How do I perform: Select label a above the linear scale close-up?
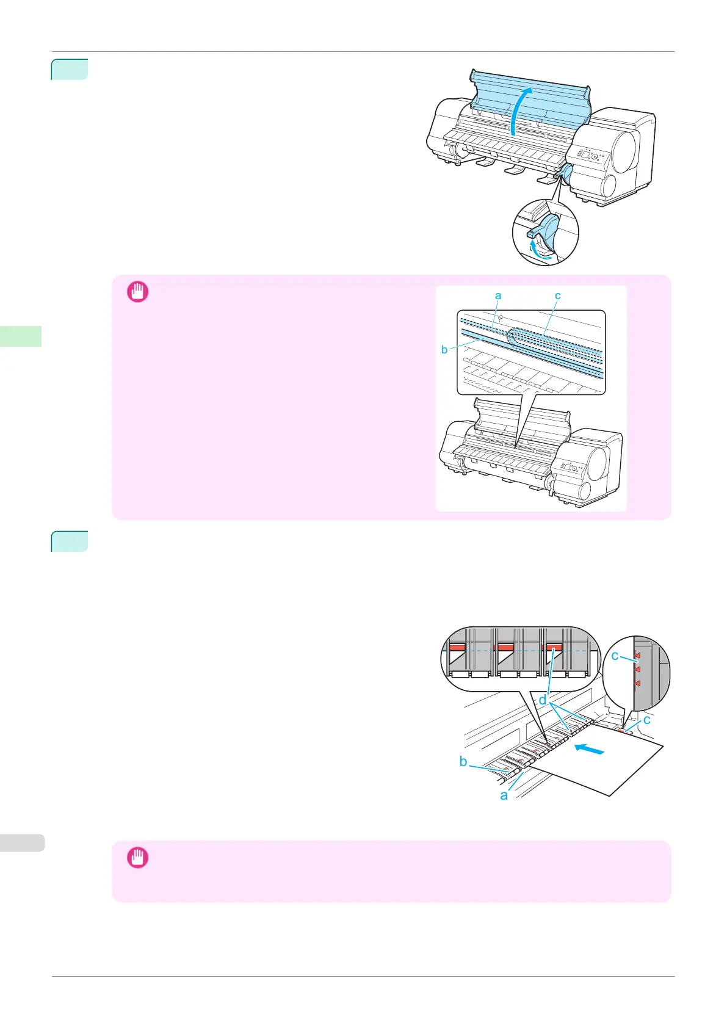coord(498,295)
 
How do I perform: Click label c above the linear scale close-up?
coord(557,295)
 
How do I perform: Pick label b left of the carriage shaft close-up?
coord(444,350)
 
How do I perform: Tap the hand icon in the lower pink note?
coord(137,858)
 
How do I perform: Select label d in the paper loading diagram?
coord(542,700)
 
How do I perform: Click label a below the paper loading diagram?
coord(504,795)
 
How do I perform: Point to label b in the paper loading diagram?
coord(464,761)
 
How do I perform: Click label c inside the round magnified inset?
coord(615,656)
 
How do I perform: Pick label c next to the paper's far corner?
coord(646,720)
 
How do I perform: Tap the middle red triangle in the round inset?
coord(637,670)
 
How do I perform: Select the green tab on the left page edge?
coord(21,336)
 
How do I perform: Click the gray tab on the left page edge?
coord(23,842)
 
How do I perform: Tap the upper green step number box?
coord(70,70)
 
